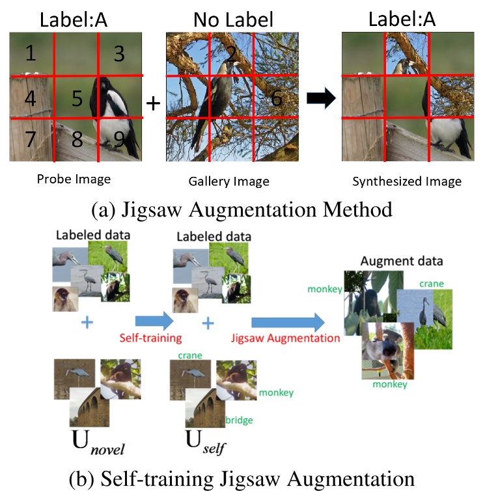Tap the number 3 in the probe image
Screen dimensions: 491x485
point(118,53)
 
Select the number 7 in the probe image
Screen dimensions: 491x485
point(29,139)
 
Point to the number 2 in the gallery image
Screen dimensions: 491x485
point(230,54)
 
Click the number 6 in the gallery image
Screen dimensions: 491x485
point(276,98)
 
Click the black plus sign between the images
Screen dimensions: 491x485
point(152,103)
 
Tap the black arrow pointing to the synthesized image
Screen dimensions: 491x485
point(320,99)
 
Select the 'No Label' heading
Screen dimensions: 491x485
point(232,20)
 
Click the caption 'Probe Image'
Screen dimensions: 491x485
point(74,179)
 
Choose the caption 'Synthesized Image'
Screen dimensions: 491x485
point(407,181)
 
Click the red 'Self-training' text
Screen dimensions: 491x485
point(150,338)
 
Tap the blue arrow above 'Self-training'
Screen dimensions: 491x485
point(154,320)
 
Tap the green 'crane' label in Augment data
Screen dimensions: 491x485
point(432,284)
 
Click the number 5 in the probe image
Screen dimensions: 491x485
point(77,98)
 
